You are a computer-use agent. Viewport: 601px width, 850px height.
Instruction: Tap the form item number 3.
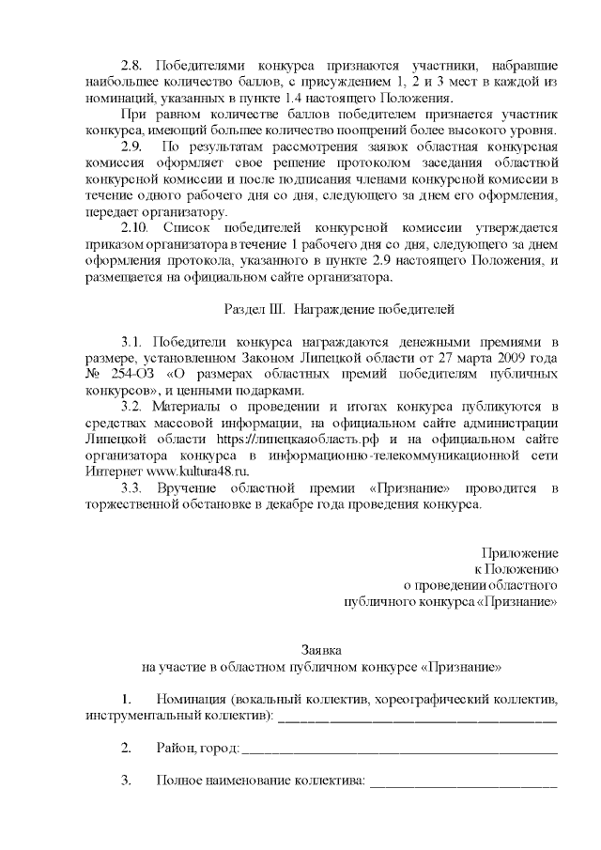tap(126, 780)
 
